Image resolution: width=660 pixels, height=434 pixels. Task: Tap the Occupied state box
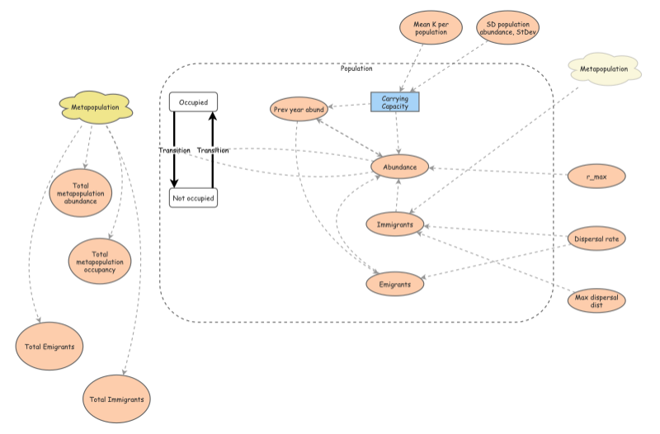point(193,101)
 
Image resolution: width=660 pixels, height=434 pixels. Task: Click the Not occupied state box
point(193,198)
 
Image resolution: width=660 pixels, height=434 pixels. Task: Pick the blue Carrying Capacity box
point(395,101)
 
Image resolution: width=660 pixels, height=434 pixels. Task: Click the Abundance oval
point(399,167)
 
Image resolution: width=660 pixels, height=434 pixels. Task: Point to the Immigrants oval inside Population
point(395,224)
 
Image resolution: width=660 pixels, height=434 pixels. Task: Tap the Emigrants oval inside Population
point(395,283)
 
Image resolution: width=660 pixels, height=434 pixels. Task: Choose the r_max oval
point(597,175)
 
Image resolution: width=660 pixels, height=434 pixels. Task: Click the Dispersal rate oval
point(597,239)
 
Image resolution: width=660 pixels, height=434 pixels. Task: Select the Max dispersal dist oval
point(597,301)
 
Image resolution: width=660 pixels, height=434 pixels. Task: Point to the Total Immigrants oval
point(117,399)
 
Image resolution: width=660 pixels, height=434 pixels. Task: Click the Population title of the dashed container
point(356,68)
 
